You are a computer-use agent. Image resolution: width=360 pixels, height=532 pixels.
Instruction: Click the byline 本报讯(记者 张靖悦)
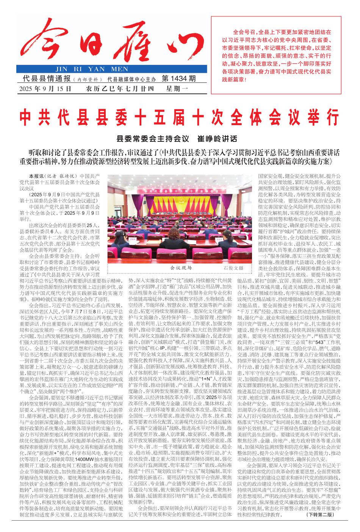53,176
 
